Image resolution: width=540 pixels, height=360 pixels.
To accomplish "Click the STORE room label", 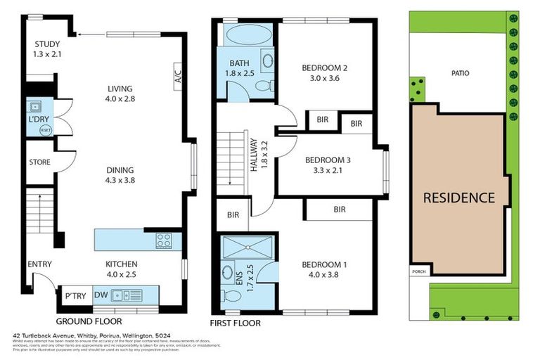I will [x=39, y=162].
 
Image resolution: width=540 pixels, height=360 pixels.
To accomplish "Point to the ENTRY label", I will [x=39, y=264].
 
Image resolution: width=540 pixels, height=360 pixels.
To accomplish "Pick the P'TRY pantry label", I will [x=75, y=295].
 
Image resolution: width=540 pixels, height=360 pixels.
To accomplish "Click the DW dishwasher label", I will [x=101, y=295].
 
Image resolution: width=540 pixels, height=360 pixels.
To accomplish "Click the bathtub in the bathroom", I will [x=245, y=35].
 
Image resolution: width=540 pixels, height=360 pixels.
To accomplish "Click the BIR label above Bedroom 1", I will [x=340, y=210].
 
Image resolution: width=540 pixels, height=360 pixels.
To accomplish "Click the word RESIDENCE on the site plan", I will [x=458, y=198].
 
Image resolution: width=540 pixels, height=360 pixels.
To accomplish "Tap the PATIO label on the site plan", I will [x=461, y=72].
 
